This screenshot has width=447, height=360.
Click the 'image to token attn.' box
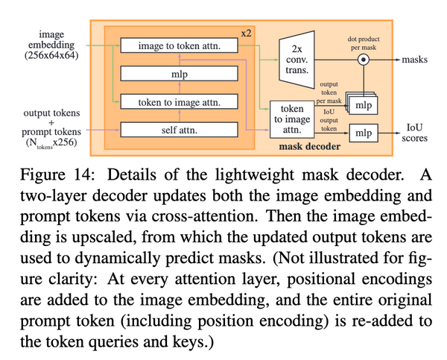183,47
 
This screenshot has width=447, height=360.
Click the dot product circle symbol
364,57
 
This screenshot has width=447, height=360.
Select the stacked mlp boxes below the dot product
363,102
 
